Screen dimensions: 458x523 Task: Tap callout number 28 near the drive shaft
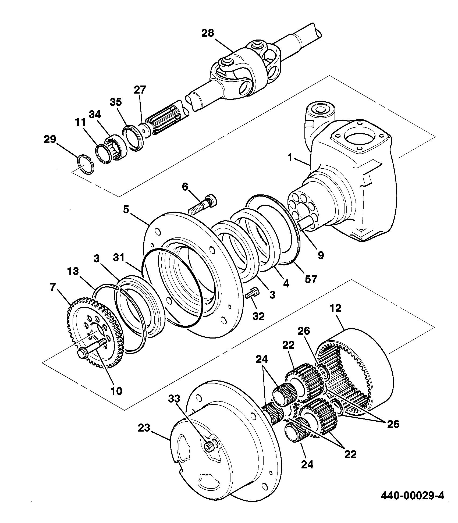click(x=208, y=33)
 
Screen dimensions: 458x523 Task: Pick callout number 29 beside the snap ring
click(x=50, y=140)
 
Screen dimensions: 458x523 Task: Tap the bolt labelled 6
click(x=203, y=204)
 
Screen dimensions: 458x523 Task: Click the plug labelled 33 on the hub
click(x=209, y=447)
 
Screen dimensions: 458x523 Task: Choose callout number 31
click(x=119, y=258)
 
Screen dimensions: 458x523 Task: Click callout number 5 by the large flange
click(x=126, y=210)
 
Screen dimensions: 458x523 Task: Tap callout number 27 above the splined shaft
click(x=140, y=90)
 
